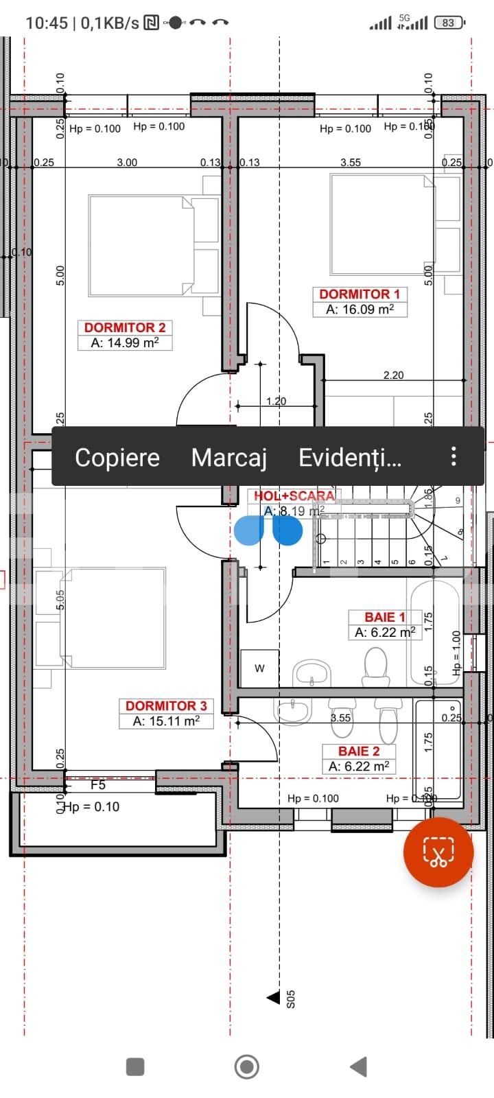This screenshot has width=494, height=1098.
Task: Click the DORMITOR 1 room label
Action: (360, 294)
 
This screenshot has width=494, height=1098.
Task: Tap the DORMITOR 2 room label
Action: (125, 327)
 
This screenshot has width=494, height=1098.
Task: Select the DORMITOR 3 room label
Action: (166, 705)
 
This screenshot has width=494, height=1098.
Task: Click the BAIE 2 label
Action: (359, 751)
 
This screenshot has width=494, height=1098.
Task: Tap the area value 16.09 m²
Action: (360, 309)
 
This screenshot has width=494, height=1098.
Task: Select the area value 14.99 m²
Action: (125, 343)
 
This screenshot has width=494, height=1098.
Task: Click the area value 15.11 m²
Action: (166, 721)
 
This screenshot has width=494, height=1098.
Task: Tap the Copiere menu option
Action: (117, 457)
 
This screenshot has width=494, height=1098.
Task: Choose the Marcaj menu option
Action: (228, 457)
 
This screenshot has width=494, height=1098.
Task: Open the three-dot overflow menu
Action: (454, 456)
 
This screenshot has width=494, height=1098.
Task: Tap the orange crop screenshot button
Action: (438, 852)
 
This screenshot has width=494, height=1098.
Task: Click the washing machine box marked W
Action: (259, 668)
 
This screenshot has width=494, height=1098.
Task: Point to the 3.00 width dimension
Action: (127, 163)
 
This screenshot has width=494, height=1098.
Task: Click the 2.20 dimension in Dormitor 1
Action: (393, 375)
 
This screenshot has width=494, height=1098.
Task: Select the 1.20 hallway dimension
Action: (276, 401)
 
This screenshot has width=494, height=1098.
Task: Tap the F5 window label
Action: (98, 784)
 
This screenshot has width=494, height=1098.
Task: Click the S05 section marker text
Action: (291, 998)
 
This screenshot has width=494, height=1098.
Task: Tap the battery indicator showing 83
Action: (449, 23)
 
